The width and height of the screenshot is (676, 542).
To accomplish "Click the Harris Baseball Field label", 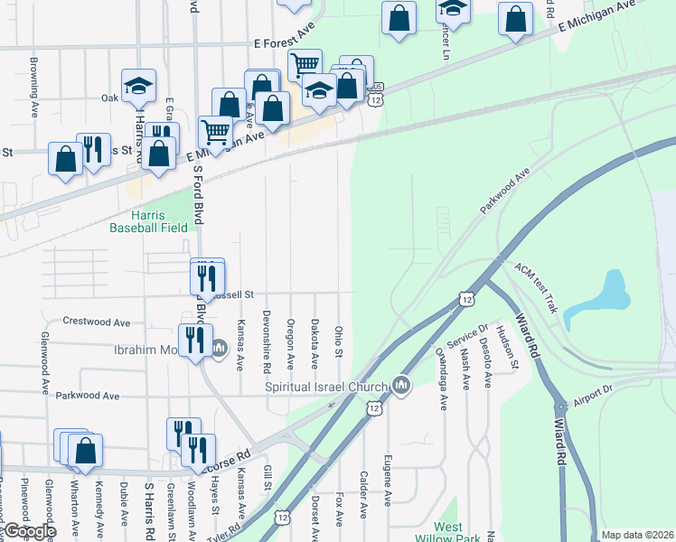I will [x=148, y=221].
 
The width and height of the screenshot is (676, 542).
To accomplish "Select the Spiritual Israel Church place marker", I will [x=402, y=387].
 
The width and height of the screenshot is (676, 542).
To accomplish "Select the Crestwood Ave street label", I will [x=97, y=322].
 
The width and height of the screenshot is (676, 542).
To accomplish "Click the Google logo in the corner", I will [x=29, y=531].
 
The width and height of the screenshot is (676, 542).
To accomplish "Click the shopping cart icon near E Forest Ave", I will [x=305, y=64].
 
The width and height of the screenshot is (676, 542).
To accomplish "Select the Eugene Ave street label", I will [x=387, y=479].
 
